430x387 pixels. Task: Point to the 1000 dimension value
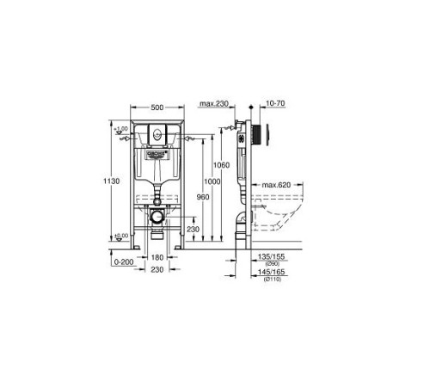211,182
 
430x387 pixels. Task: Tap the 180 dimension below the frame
157,256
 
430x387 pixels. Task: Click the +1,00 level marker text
123,128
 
